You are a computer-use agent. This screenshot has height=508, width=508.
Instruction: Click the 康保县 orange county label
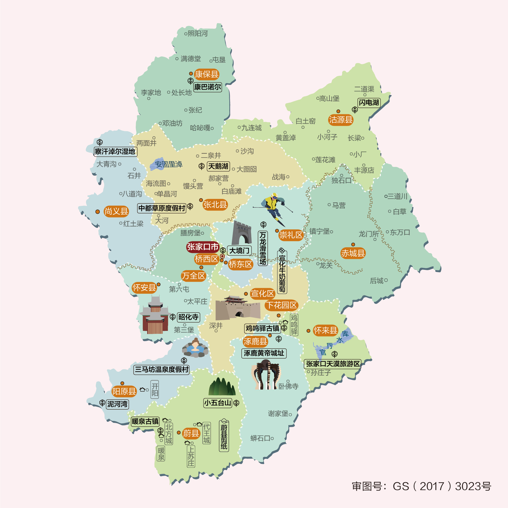(x=206, y=74)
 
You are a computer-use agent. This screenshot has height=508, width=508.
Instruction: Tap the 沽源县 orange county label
(x=341, y=120)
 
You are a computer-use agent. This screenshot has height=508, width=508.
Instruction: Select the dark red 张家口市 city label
(x=203, y=247)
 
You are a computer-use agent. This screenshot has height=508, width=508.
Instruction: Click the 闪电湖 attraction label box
(x=369, y=103)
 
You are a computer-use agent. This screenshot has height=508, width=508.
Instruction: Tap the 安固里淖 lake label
(x=169, y=164)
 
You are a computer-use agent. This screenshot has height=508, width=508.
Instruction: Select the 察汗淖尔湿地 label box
(x=115, y=152)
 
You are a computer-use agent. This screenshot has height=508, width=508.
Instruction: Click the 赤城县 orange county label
(x=353, y=253)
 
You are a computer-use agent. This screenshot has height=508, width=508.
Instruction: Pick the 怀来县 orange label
(x=325, y=330)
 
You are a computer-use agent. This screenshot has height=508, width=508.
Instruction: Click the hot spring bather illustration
(x=195, y=348)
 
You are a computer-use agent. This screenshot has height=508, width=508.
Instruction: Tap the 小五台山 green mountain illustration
(x=222, y=387)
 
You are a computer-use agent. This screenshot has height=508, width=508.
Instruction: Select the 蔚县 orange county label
(x=191, y=433)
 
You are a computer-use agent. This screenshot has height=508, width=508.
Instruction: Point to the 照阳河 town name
(x=198, y=34)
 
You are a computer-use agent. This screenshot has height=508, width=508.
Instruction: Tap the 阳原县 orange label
(x=124, y=391)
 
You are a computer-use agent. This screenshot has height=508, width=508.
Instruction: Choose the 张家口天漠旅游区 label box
(x=332, y=364)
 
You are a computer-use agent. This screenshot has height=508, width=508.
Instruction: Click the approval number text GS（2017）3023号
(x=422, y=486)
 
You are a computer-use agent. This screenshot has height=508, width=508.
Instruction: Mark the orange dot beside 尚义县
(x=98, y=212)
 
